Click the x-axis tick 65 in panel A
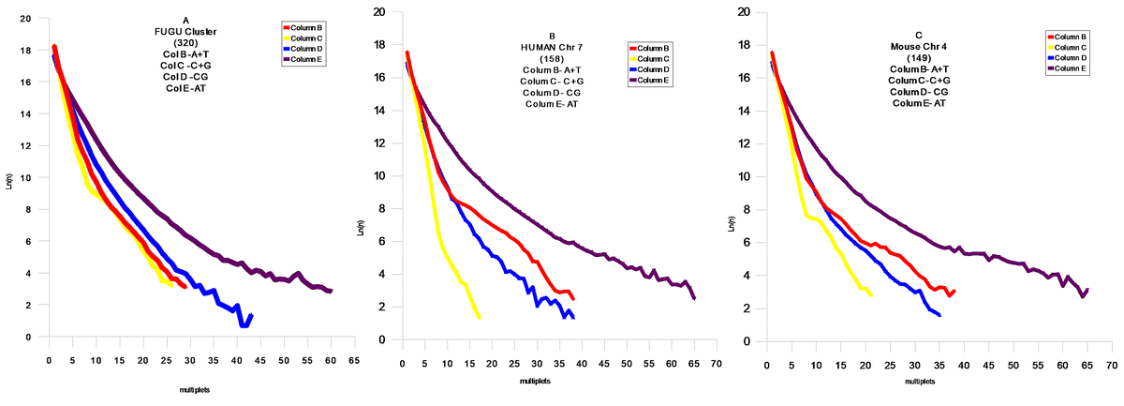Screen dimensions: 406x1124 pos(354,358)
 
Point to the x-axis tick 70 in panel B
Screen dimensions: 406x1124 pos(717,362)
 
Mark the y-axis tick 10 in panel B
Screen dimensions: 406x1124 pos(380,175)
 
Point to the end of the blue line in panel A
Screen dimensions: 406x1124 pos(250,316)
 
